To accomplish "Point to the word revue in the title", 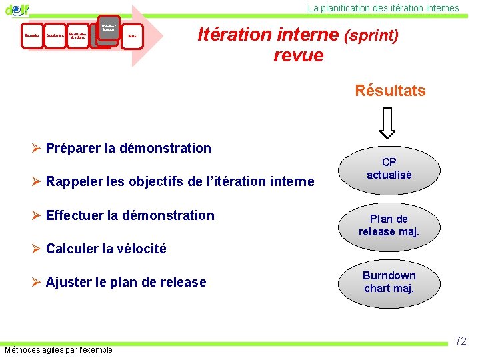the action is (298, 55).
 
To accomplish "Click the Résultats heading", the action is (390, 91).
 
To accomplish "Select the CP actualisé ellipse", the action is (389, 169).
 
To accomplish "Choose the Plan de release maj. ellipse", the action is (389, 225).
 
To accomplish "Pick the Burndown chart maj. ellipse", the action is (389, 282).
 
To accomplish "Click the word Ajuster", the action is (67, 283).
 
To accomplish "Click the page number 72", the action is (460, 341).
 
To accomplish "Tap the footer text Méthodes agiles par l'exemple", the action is (59, 350).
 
